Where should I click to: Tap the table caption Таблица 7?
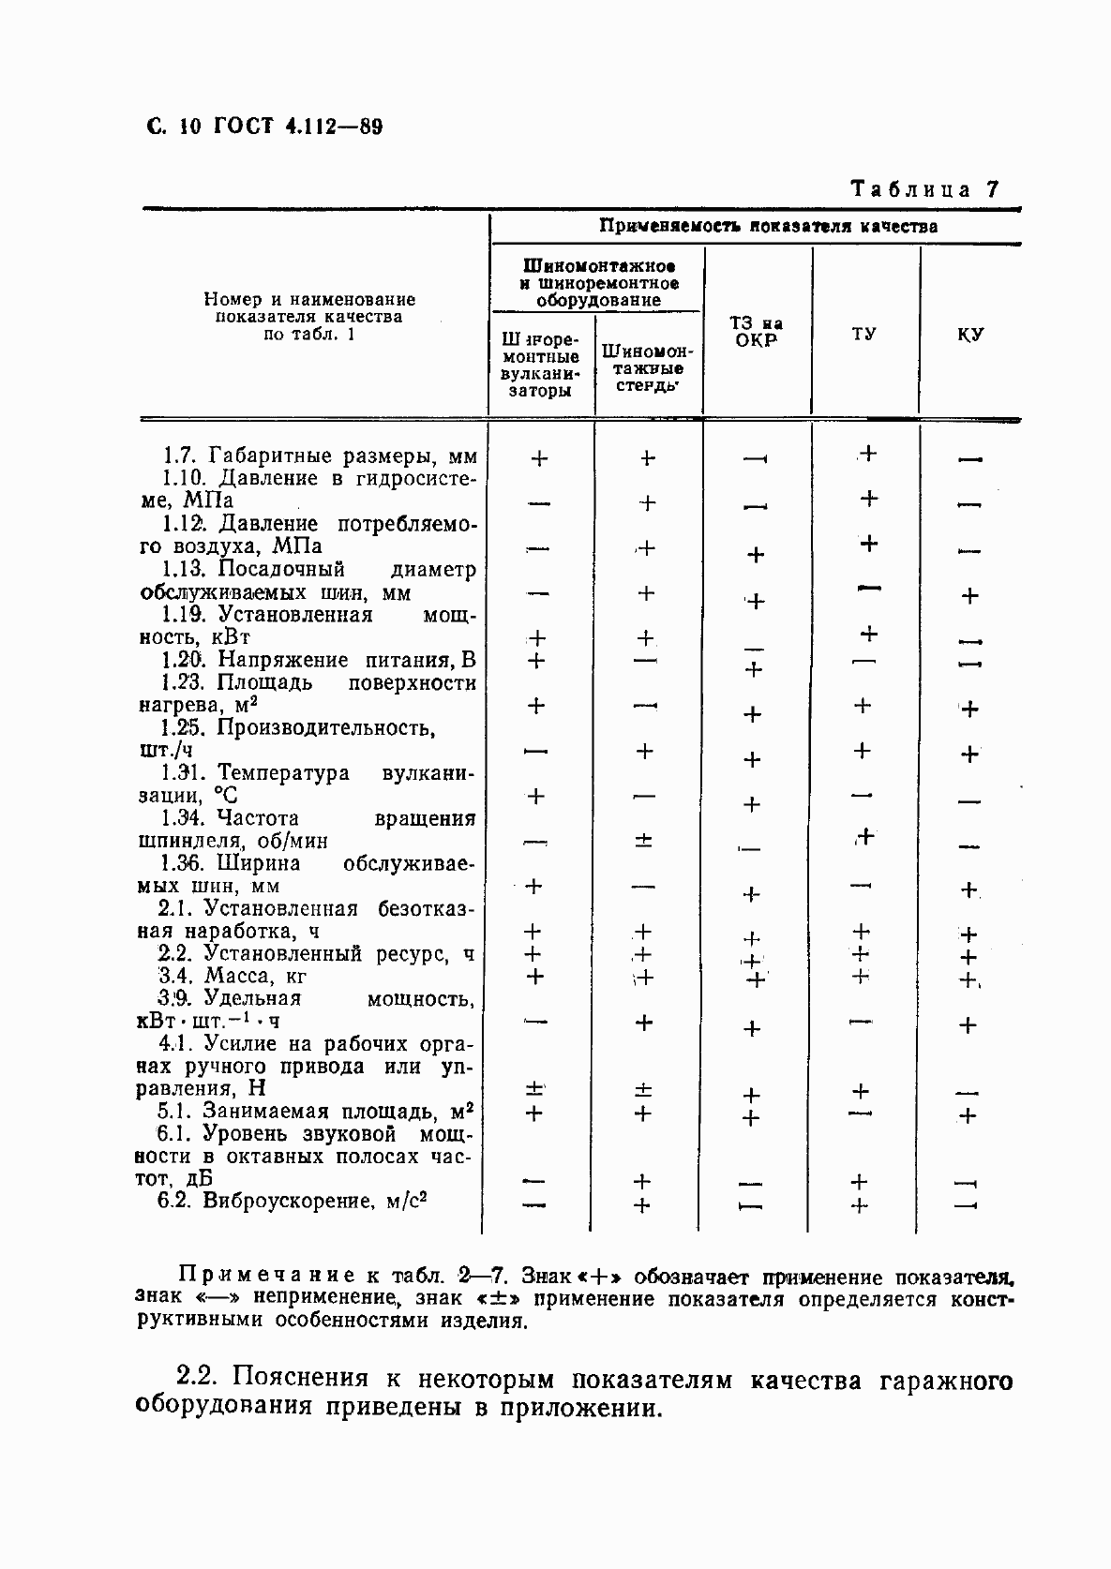point(923,188)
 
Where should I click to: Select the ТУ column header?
point(864,334)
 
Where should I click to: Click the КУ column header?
point(970,334)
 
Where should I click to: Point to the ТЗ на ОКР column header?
point(757,332)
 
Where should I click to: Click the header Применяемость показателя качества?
point(768,226)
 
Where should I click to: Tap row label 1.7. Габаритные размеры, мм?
point(319,456)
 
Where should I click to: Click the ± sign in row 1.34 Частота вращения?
point(643,841)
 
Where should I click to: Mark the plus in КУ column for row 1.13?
point(970,595)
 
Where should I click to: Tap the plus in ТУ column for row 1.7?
point(868,454)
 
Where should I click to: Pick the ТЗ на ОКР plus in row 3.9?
point(751,1029)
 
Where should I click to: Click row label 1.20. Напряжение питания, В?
point(318,660)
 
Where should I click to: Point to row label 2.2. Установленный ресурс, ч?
point(315,954)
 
